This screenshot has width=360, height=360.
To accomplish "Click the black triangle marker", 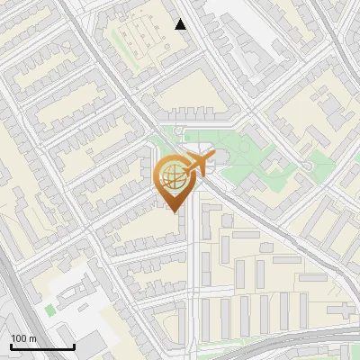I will point(181,24).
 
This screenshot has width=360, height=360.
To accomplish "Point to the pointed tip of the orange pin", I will point(174,212).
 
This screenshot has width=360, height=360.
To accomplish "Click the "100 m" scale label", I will point(23,338).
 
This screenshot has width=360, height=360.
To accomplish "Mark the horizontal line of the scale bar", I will point(42,347).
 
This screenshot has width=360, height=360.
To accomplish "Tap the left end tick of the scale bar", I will point(11,346).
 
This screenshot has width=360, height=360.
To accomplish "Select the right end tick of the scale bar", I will point(74,346).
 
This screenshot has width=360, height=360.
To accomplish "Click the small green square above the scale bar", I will point(49,310).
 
